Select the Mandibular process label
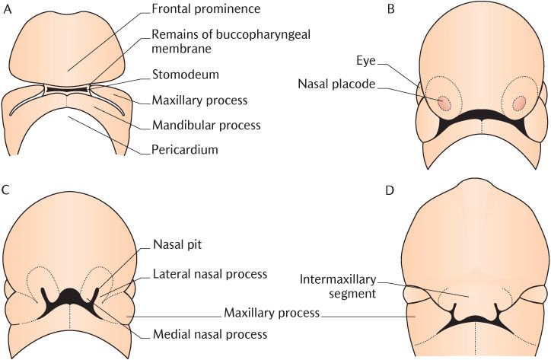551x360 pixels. (x=205, y=125)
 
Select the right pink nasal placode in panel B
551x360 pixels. (x=521, y=102)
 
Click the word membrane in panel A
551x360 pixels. (x=180, y=49)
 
